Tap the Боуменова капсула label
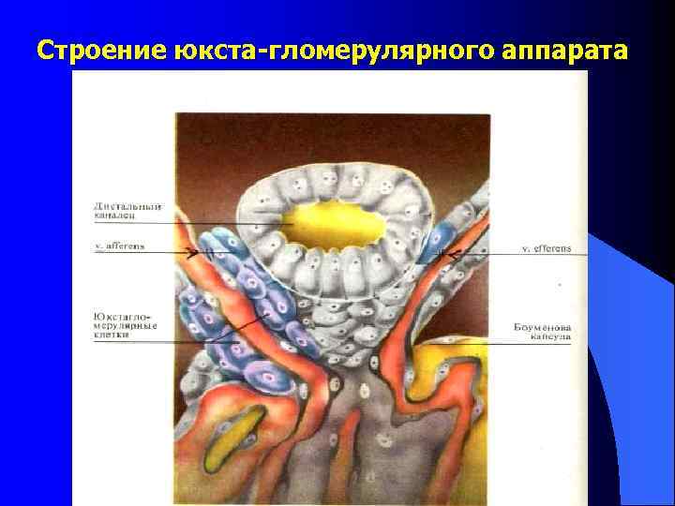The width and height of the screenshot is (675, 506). click(x=541, y=329)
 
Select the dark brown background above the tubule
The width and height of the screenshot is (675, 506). click(x=328, y=141)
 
